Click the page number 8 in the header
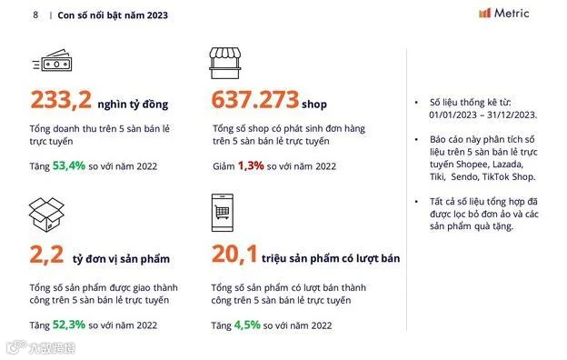35,15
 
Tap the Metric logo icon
484,13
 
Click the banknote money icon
53,60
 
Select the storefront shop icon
225,63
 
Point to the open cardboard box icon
46,215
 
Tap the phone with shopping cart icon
223,213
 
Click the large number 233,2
61,99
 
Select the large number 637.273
255,99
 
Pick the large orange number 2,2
46,255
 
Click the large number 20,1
234,255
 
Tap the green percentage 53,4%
69,165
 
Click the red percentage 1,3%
251,165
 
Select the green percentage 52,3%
69,325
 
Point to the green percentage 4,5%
247,325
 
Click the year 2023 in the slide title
158,15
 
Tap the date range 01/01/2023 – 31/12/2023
483,115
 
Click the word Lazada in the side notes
508,165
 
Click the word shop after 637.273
314,105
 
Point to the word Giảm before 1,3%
224,166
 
